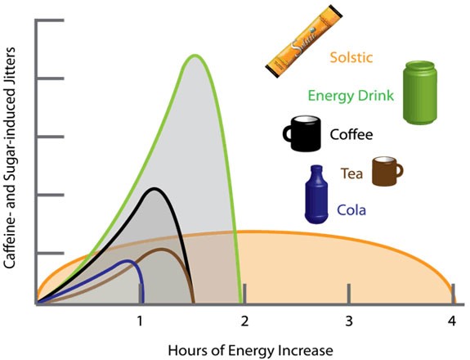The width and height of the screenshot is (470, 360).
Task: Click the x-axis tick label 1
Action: [140, 322]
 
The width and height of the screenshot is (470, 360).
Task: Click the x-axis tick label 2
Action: [245, 322]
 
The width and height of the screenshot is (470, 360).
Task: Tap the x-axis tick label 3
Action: [349, 322]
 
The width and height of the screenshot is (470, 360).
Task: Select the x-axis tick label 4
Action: [452, 322]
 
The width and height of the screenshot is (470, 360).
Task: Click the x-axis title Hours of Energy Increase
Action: [251, 351]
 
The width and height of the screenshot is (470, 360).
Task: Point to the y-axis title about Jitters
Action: [11, 157]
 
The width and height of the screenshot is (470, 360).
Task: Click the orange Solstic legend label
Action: [351, 57]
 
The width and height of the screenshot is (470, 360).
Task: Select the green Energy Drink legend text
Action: [351, 96]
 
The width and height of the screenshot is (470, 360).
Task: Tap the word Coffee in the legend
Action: [351, 134]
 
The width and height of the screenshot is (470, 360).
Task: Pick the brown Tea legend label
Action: [351, 173]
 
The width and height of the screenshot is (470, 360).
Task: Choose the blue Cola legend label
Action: [351, 209]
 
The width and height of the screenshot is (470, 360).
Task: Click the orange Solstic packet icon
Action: [304, 42]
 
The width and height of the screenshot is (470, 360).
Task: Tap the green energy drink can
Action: [419, 92]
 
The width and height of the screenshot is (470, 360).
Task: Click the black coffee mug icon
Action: [302, 133]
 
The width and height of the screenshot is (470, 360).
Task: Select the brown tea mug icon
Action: [387, 171]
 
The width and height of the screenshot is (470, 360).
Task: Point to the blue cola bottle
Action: [316, 195]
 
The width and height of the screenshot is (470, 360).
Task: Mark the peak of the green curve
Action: [195, 55]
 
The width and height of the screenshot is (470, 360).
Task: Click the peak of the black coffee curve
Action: [154, 189]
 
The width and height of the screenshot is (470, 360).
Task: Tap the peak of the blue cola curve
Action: [128, 260]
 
